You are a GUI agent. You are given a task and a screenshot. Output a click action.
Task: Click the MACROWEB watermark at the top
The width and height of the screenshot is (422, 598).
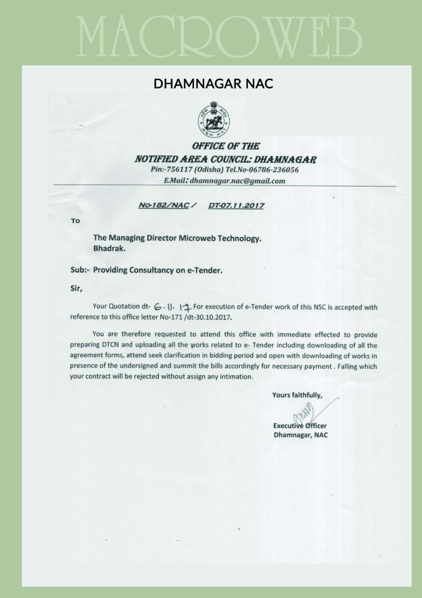[220, 36]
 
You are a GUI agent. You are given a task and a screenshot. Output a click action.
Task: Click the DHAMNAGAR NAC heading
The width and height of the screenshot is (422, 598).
[213, 84]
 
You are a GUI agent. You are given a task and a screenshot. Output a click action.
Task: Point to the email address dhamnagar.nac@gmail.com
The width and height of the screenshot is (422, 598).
[237, 181]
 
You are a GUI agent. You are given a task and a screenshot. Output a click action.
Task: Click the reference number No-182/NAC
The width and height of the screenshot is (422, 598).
[164, 205]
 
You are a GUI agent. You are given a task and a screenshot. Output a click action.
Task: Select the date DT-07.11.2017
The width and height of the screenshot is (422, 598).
[236, 205]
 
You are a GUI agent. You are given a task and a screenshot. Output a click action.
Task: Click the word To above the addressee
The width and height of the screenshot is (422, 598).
[75, 221]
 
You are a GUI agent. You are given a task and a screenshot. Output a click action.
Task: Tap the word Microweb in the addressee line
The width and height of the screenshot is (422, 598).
[197, 238]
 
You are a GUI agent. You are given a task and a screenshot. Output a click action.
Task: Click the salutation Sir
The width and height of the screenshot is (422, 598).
[76, 289]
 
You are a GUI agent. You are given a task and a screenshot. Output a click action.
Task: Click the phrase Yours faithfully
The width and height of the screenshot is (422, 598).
[297, 395]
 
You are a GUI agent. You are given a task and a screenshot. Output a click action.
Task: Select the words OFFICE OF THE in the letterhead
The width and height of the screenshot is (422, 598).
[226, 146]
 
